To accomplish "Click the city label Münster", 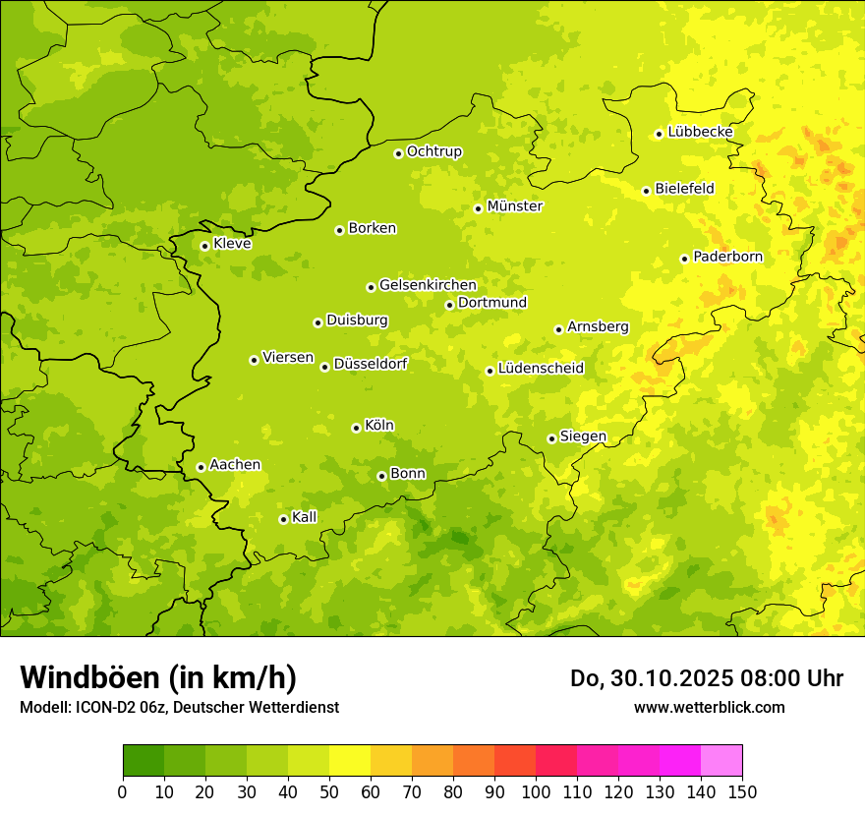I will (514, 206).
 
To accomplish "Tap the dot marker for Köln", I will (356, 428).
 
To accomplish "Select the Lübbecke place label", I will (700, 132).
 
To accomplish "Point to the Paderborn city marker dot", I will (684, 259).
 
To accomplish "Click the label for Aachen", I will (235, 465).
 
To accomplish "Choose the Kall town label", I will (305, 517).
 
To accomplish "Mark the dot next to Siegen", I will (551, 438).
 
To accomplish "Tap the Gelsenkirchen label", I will (428, 285).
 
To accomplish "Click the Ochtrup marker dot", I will (398, 153).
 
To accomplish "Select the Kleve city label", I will (232, 244).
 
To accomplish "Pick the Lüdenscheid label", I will (541, 369).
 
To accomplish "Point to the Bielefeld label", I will (684, 189).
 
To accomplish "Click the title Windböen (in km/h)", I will (158, 677).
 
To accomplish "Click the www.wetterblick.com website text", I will (709, 707).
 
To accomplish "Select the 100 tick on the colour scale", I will (536, 791).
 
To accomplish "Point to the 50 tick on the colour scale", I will (329, 791).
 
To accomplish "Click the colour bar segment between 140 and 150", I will (721, 760).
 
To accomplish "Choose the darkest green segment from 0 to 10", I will (144, 760).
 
